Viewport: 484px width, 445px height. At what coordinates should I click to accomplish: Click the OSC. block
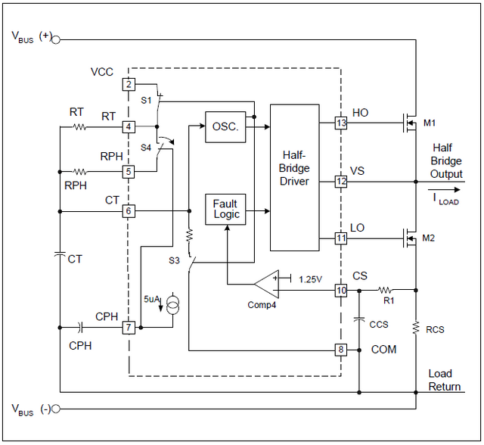(225, 127)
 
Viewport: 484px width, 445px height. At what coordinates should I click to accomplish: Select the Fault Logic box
(225, 210)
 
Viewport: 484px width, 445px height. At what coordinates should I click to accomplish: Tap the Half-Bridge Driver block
(294, 178)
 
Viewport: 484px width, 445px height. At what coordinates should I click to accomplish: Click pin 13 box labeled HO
(341, 123)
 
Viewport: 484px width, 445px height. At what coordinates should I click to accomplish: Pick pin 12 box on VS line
(341, 182)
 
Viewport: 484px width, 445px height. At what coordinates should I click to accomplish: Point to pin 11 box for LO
(341, 238)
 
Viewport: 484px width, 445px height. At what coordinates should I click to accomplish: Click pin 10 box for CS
(341, 291)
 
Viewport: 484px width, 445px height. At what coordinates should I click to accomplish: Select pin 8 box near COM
(341, 350)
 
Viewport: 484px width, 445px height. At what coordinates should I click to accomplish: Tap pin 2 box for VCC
(129, 84)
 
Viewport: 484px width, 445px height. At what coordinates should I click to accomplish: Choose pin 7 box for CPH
(129, 328)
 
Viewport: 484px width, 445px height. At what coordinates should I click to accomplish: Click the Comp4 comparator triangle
(266, 284)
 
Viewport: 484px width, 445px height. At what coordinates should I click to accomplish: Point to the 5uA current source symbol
(172, 303)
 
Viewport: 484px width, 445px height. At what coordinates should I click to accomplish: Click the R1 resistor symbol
(385, 290)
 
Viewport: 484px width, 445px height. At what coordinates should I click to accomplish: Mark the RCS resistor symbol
(416, 328)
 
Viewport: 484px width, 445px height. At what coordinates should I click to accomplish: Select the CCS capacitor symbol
(359, 319)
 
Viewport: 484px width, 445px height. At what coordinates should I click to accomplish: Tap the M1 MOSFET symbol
(410, 123)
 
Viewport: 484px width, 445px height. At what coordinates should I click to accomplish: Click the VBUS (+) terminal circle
(56, 40)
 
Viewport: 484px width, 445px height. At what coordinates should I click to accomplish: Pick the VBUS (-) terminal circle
(56, 409)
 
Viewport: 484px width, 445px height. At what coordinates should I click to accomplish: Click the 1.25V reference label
(310, 279)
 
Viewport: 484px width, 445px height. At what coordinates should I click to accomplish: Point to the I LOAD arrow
(444, 190)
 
